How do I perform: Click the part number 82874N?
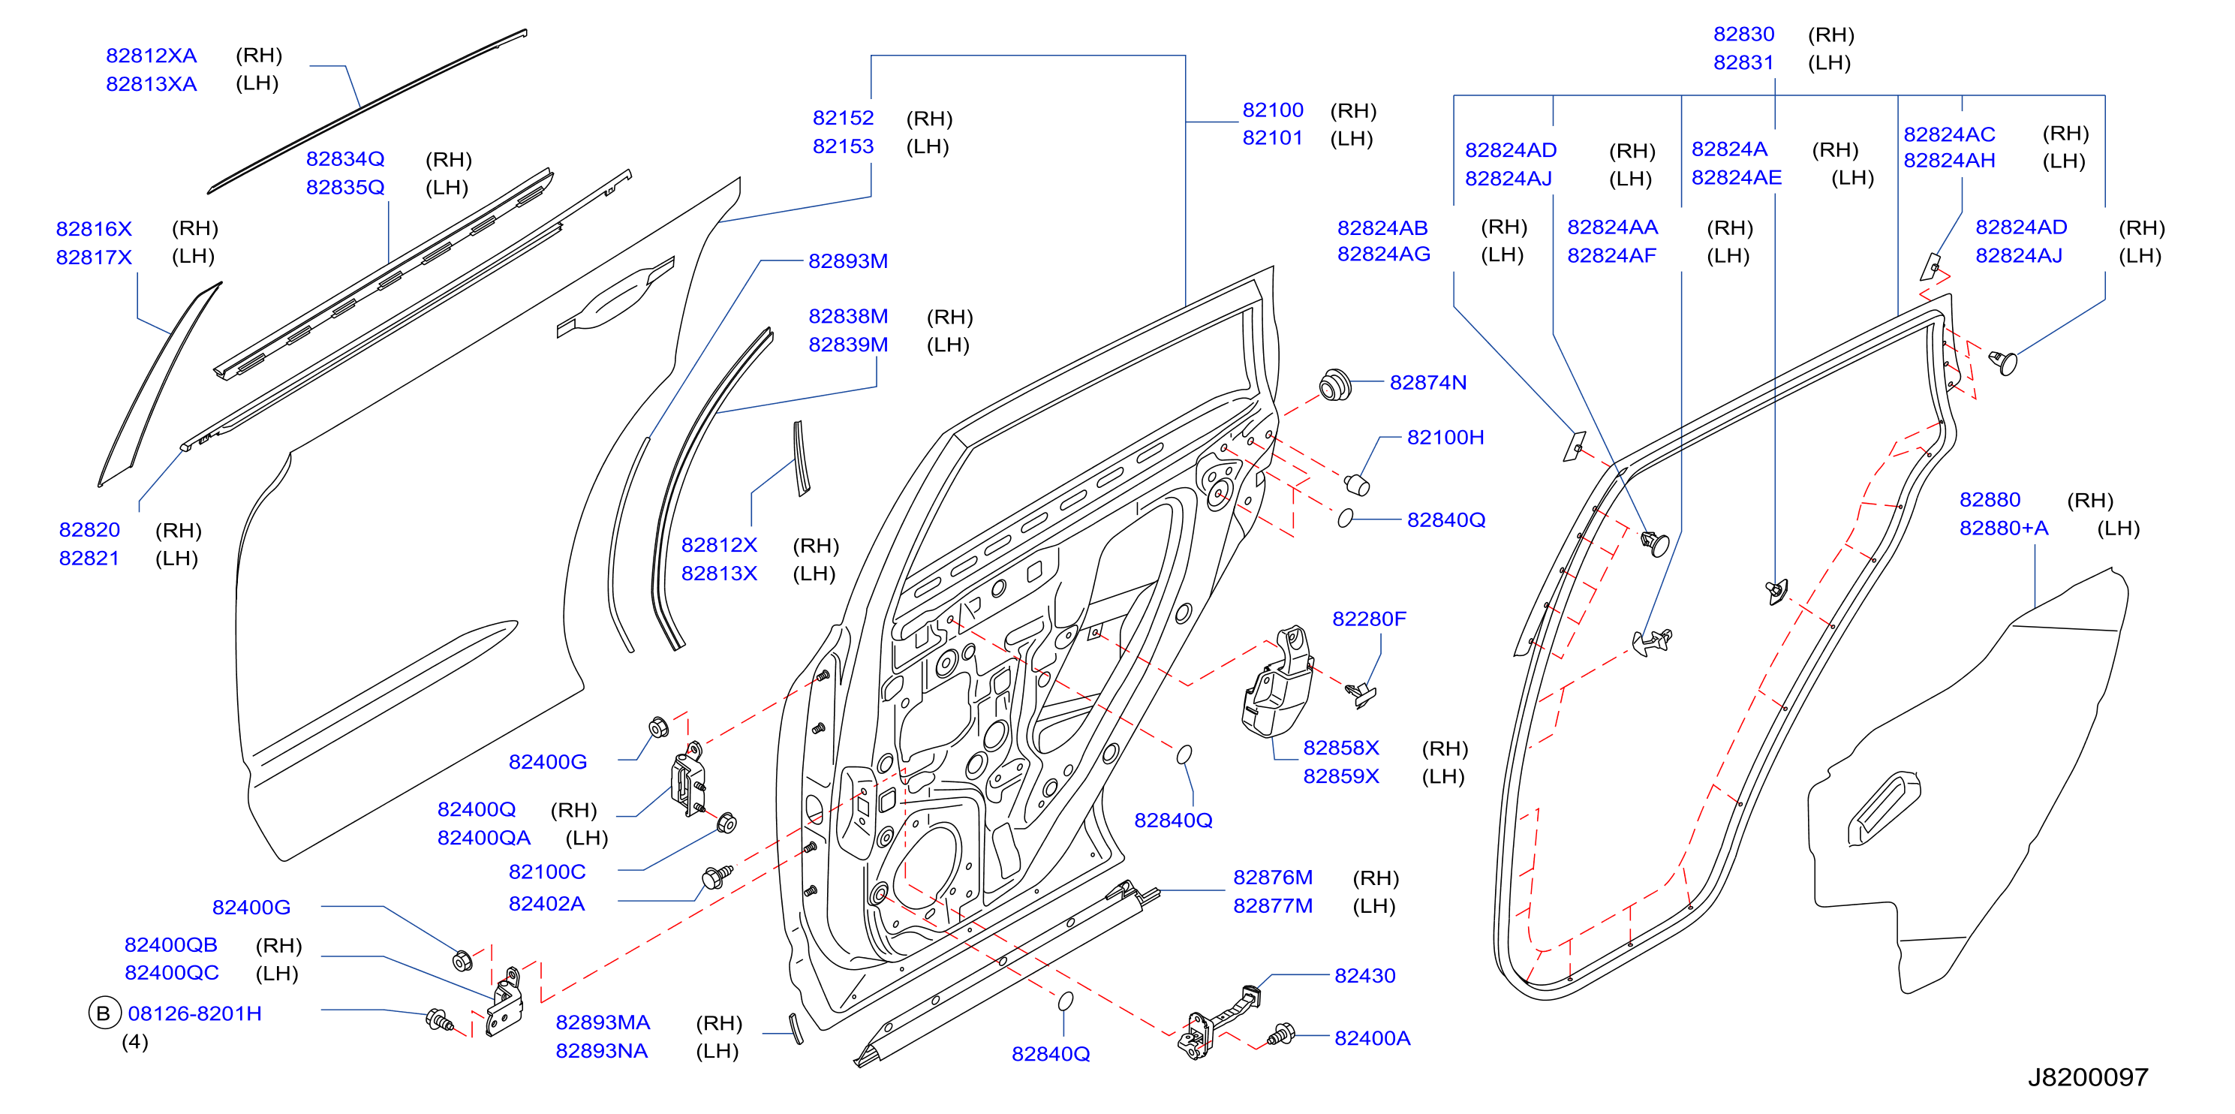coord(1427,383)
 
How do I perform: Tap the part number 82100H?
coord(1445,438)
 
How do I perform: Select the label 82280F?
coord(1369,619)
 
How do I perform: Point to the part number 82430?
coord(1364,975)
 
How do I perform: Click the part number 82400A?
coord(1372,1037)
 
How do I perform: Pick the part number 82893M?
coord(847,261)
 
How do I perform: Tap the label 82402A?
coord(546,903)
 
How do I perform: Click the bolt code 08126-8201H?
coord(194,1013)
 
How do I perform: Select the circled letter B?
coord(104,1013)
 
